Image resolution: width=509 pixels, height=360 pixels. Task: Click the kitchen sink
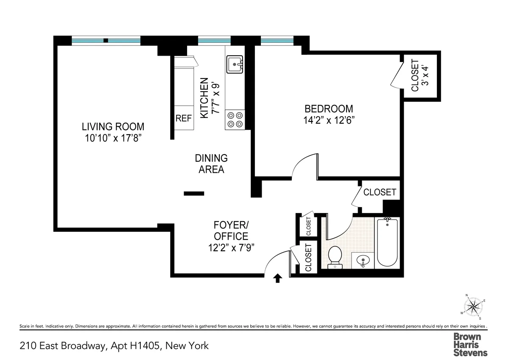(x=234, y=65)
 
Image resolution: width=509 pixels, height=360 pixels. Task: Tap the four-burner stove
(x=235, y=119)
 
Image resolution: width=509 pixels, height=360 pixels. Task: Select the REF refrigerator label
(x=184, y=119)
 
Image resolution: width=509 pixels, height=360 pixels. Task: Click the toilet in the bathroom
(x=335, y=257)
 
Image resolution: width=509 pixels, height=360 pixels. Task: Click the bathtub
(x=387, y=242)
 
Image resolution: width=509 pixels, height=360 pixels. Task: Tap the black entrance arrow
(x=277, y=278)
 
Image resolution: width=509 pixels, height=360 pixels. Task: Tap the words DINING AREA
(x=211, y=163)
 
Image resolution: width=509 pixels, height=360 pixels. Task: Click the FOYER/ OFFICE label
(x=231, y=236)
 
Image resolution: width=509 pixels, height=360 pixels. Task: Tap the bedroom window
(x=277, y=41)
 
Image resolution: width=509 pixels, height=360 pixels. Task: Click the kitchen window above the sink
(x=214, y=41)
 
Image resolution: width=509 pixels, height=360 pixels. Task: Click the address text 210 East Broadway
(x=115, y=346)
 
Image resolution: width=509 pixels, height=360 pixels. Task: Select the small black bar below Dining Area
(x=194, y=194)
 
